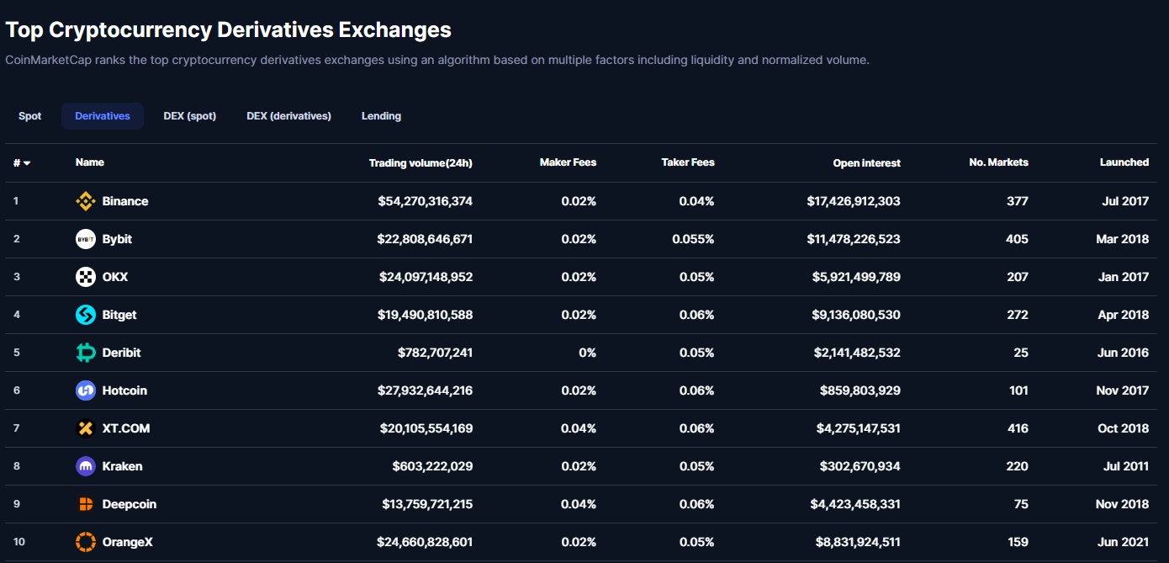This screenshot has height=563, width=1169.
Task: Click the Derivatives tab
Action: coord(103,116)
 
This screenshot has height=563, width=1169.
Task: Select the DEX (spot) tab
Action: coord(189,116)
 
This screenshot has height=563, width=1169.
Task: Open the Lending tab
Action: coord(381,116)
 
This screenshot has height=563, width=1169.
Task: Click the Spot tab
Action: coord(30,116)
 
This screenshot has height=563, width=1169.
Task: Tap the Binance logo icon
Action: coord(86,201)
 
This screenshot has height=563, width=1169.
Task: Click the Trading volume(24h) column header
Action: coord(421,163)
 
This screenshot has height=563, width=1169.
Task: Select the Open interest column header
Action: coord(866,163)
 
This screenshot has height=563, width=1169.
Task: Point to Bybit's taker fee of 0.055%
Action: coord(693,239)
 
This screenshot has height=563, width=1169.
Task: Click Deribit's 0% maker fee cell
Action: coord(587,353)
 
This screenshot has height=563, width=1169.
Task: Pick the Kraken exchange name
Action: coord(122,466)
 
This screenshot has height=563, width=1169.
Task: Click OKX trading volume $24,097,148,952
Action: coord(425,277)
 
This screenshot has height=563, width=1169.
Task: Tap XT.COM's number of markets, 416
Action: coord(1018,428)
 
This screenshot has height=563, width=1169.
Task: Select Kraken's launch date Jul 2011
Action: coord(1124,466)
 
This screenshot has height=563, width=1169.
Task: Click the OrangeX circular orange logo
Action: coord(86,542)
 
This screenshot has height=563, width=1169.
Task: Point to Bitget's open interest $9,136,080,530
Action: coord(857,315)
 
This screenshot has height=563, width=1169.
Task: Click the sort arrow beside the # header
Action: coord(27,163)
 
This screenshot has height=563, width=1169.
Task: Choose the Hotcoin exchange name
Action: coord(124,390)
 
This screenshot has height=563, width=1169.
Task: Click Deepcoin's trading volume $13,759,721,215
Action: coord(427,504)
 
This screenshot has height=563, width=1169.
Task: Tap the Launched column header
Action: coord(1124,162)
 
